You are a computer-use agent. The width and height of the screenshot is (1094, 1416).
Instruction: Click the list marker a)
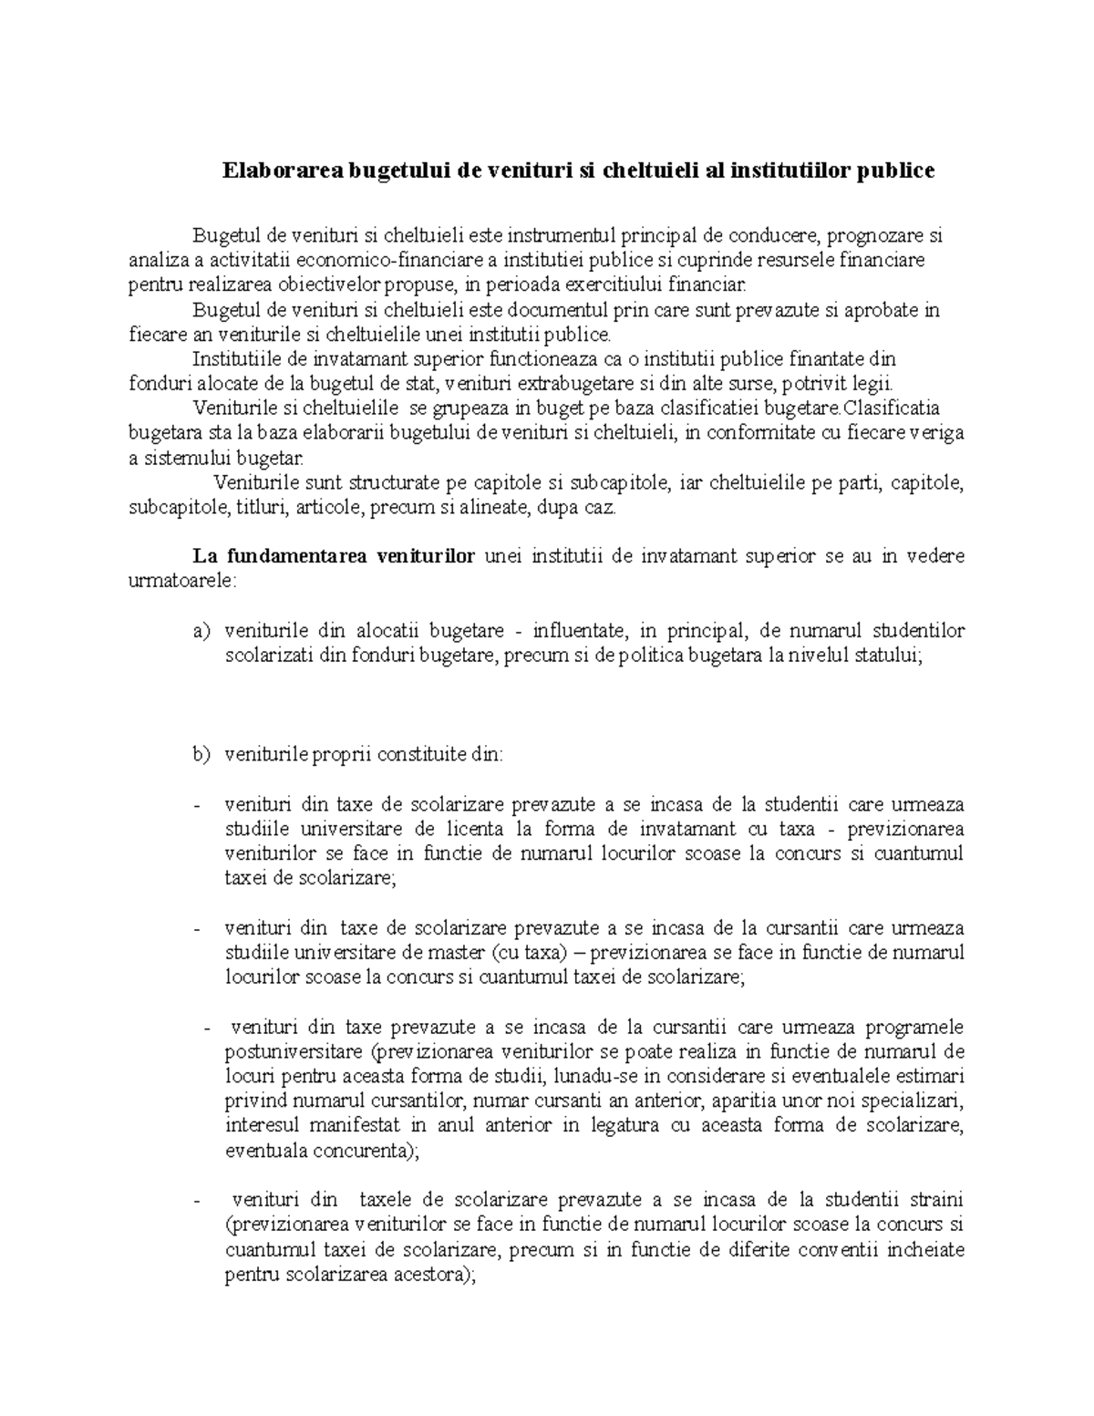point(201,631)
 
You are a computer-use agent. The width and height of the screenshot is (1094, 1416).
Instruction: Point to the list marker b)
point(201,754)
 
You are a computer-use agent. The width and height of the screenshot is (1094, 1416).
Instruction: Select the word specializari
point(920,1101)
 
